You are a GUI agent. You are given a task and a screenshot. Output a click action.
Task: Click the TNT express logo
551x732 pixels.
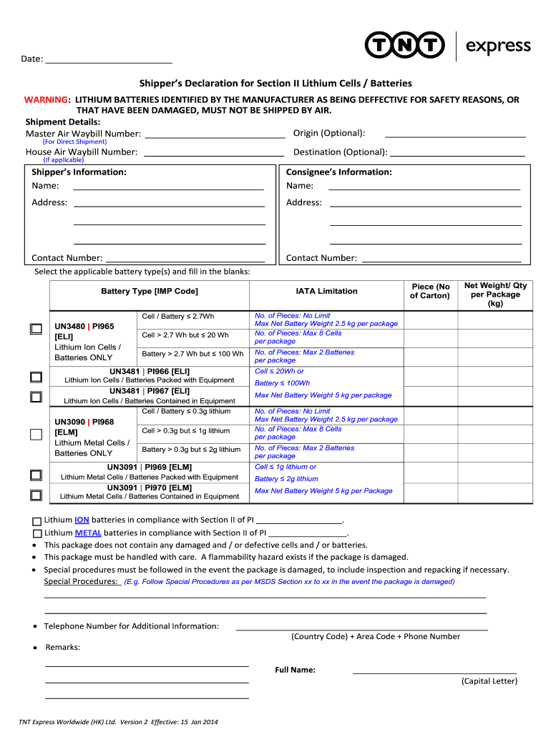(448, 46)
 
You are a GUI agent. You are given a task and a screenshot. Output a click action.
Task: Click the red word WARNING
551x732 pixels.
(46, 99)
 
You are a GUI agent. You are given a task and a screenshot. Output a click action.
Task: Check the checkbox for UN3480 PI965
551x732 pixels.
(36, 329)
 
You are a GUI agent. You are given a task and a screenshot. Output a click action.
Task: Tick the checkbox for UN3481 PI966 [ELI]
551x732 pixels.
(36, 377)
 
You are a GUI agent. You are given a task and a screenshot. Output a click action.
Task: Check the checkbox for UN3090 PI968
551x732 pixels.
(36, 434)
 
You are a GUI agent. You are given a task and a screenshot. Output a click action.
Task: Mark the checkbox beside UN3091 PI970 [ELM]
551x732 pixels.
(36, 495)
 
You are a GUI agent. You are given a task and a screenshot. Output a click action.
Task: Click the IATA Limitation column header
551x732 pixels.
(326, 291)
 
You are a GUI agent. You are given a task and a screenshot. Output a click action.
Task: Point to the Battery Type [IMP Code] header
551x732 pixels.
(150, 291)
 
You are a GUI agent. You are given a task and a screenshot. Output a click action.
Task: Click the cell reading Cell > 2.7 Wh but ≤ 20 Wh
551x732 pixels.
(185, 335)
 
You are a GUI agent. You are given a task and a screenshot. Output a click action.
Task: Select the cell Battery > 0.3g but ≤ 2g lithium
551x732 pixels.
(191, 450)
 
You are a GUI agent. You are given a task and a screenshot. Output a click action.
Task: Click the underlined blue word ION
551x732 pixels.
(82, 520)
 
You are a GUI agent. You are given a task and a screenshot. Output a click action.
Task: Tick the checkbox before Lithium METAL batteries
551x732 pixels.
(37, 533)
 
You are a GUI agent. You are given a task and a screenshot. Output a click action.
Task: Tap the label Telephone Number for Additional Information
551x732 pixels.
(131, 626)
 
